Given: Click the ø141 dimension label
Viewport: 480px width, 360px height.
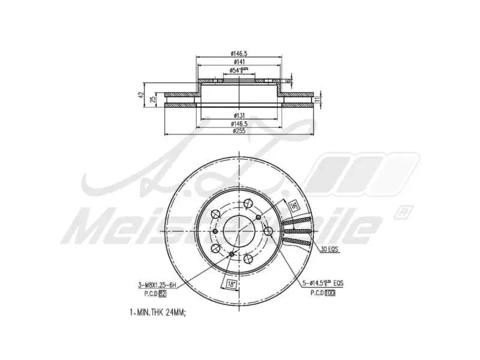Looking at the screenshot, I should click(239, 62).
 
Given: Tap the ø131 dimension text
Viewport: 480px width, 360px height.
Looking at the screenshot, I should click(239, 115).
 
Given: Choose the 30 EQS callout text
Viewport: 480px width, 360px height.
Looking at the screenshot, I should click(329, 249).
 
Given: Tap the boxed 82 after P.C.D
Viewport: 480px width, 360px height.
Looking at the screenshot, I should click(161, 292).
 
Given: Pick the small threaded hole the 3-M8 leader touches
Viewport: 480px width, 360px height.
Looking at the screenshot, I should click(232, 254).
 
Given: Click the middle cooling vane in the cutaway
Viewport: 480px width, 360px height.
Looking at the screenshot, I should click(298, 230).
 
